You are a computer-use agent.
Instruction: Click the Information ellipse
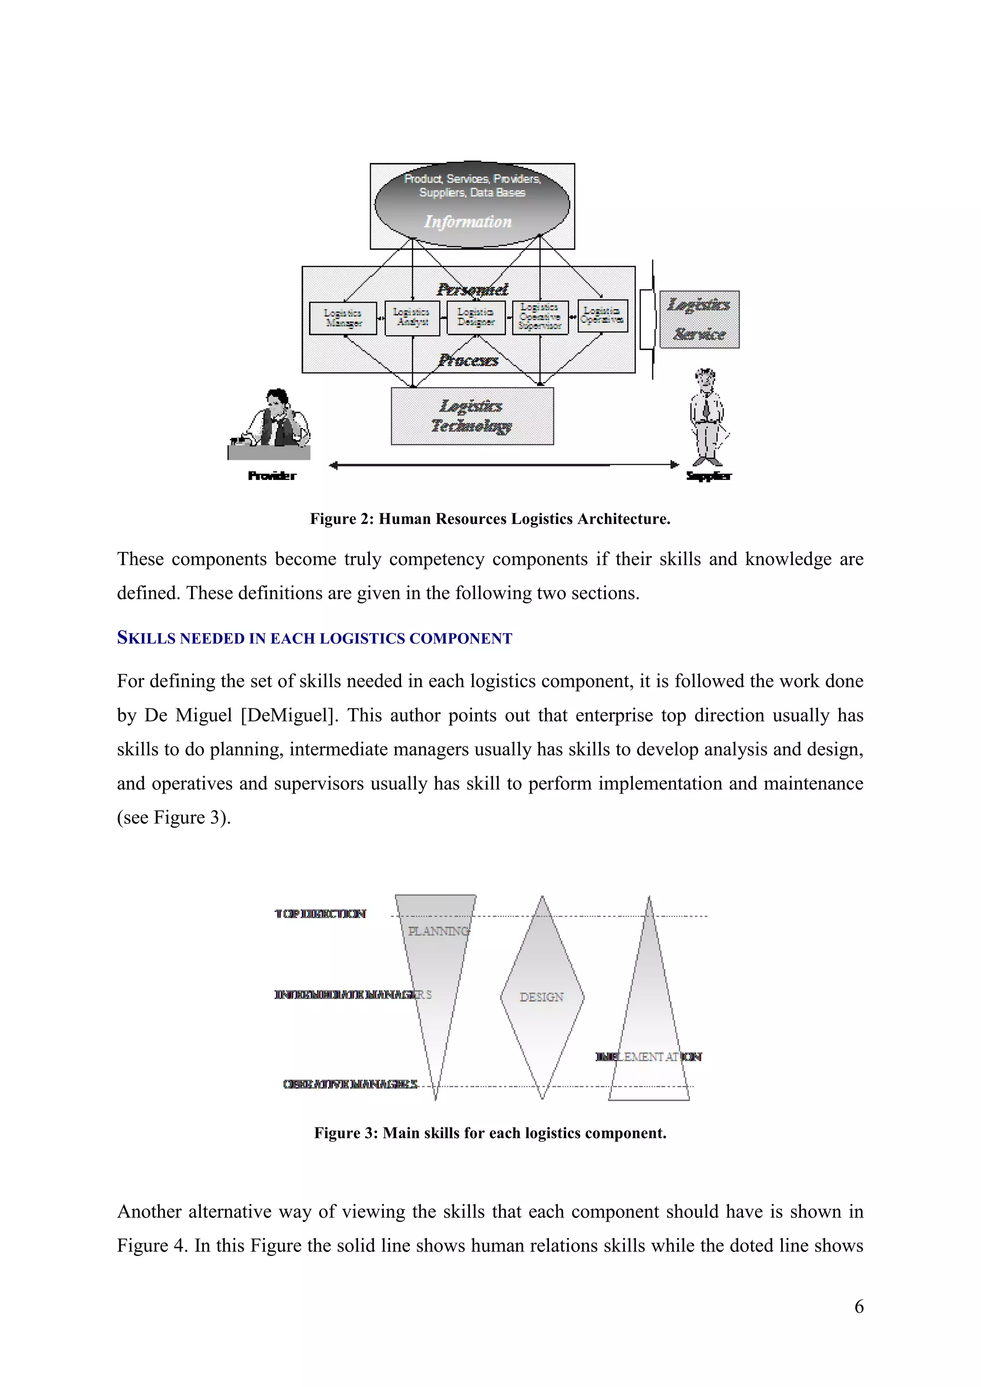(472, 205)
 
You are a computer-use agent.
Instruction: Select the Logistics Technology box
(472, 416)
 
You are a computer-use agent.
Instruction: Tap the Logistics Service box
(699, 319)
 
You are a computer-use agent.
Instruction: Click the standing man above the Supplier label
(706, 417)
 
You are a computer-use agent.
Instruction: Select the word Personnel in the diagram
(472, 289)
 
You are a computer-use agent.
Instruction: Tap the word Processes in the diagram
(469, 361)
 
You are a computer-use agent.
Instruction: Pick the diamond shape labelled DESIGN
(542, 997)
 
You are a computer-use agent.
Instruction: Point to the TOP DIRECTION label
(320, 914)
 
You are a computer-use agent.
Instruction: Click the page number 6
(858, 1307)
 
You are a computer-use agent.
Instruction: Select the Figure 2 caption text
(490, 519)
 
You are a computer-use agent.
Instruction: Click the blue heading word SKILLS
(147, 638)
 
